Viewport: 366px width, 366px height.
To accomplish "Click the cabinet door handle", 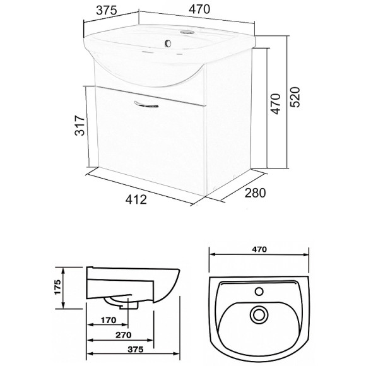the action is coord(146,105).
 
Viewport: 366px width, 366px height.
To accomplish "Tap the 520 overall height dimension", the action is coord(295,97).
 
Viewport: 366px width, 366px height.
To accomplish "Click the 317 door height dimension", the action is coord(80,125).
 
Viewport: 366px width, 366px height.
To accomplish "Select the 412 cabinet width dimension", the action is coord(136,200).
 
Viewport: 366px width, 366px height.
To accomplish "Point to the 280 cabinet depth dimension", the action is coord(255,193).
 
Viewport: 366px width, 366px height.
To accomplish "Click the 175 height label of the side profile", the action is coord(57,287).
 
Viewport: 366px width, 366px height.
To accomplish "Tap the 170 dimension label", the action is coord(109,320).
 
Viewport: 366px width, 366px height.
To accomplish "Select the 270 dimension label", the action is coord(124,335).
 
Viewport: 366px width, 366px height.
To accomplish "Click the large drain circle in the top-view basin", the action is coord(259,315).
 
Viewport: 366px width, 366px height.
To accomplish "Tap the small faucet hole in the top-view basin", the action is coord(259,292).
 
